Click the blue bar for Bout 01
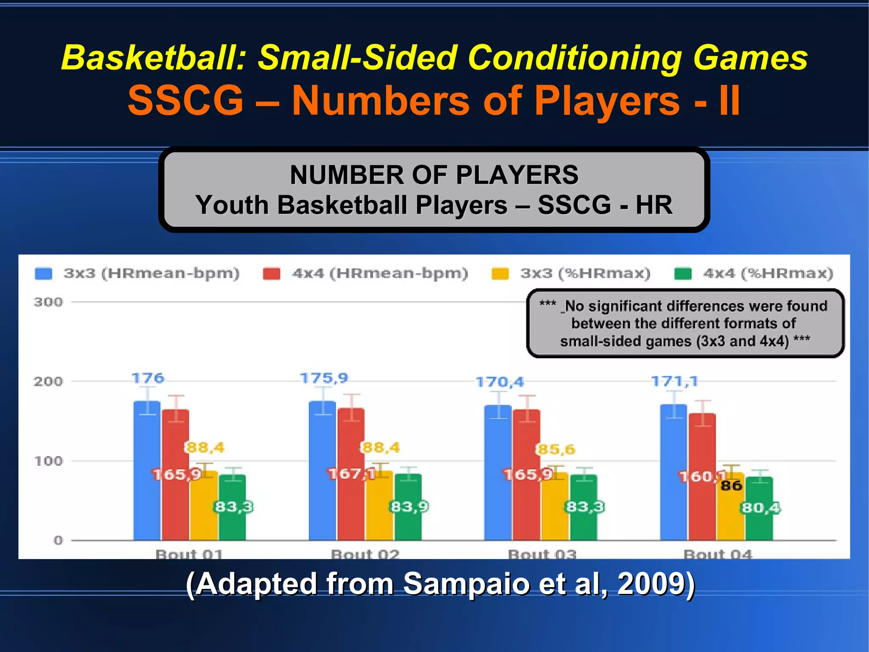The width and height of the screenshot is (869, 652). (x=147, y=471)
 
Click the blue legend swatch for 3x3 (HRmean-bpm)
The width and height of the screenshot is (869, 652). (x=43, y=274)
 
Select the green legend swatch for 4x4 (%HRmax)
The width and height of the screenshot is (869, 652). (x=683, y=274)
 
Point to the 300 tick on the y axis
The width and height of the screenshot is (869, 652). (x=48, y=302)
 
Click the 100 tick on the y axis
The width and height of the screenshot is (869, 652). (x=48, y=461)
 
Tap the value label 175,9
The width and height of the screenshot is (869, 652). (x=324, y=378)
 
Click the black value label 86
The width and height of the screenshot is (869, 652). (x=732, y=485)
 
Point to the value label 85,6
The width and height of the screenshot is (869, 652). (x=556, y=449)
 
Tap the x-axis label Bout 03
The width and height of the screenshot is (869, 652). (x=542, y=554)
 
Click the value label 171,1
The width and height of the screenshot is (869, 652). (x=675, y=381)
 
